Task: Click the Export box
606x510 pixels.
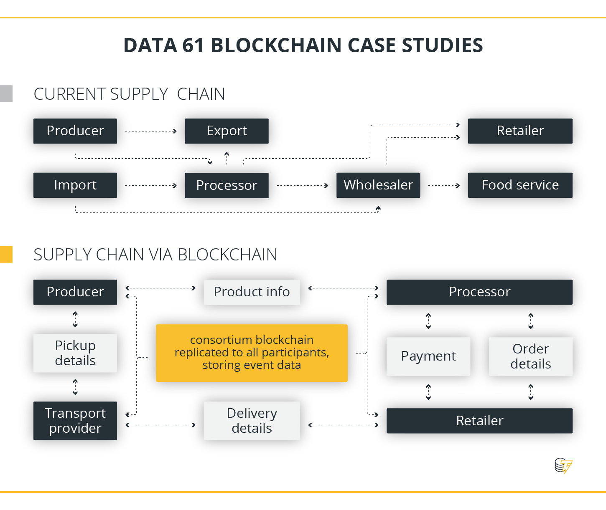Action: (x=227, y=131)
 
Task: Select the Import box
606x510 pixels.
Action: (x=75, y=185)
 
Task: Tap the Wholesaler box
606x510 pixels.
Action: (x=378, y=185)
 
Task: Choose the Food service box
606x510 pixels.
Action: (x=520, y=185)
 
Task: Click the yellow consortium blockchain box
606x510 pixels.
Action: (x=252, y=353)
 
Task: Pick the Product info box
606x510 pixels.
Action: (x=252, y=292)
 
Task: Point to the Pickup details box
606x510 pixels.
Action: (x=75, y=353)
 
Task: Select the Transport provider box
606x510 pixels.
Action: (x=75, y=421)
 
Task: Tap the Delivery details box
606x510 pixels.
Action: (x=252, y=421)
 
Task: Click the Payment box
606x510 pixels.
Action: (x=428, y=356)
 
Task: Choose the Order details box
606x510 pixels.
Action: (x=531, y=356)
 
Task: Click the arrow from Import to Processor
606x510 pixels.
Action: (x=151, y=185)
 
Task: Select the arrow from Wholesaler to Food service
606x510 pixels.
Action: (x=444, y=185)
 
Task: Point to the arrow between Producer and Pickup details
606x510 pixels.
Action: (x=75, y=319)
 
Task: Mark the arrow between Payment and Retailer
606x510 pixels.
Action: (x=428, y=392)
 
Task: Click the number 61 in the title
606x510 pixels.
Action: (x=193, y=45)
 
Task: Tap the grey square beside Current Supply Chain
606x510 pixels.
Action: (x=6, y=93)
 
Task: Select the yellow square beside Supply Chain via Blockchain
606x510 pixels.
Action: (x=6, y=254)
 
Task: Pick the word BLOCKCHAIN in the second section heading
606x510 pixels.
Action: (x=227, y=255)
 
